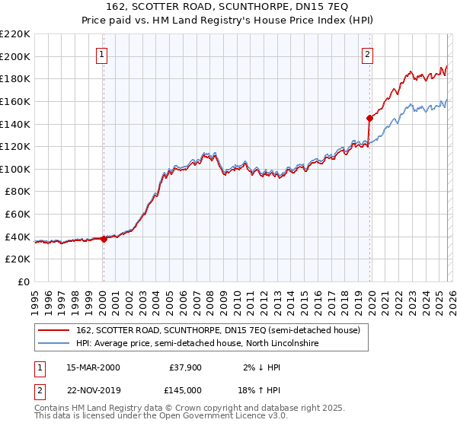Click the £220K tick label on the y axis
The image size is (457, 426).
click(x=15, y=34)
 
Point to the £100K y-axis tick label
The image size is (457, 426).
click(x=15, y=169)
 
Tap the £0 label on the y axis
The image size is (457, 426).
click(x=24, y=281)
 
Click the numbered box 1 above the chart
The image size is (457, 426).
click(x=101, y=54)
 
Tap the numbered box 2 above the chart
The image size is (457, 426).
click(x=367, y=54)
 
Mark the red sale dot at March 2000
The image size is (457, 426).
click(x=104, y=239)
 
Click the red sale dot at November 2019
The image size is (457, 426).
click(x=369, y=118)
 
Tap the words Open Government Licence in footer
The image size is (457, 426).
click(x=198, y=418)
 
